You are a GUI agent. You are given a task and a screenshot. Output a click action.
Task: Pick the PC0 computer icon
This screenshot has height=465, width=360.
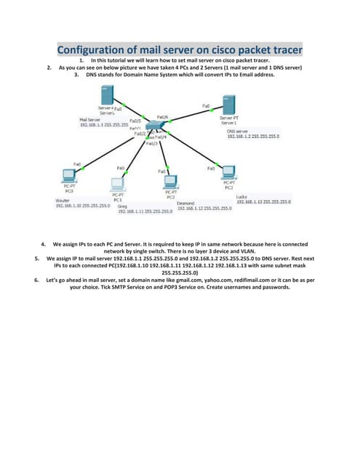click(70, 175)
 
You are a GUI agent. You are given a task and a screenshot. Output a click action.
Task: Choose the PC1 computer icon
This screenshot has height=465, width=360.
click(119, 182)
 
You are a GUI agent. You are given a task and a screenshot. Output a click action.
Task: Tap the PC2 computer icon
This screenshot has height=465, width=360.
click(171, 182)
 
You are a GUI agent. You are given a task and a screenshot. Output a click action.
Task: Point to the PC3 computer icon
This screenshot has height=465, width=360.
click(228, 172)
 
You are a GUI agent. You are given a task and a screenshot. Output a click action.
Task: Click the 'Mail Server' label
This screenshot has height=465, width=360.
click(89, 119)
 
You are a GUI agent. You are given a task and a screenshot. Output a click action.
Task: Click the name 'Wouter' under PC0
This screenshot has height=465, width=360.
click(63, 200)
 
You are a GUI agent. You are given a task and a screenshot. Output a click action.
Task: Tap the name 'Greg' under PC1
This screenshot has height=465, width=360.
click(113, 206)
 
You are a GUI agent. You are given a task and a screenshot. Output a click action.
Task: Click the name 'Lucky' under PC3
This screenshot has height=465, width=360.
click(243, 196)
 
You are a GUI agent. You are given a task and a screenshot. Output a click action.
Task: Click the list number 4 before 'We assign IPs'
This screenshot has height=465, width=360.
click(44, 245)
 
